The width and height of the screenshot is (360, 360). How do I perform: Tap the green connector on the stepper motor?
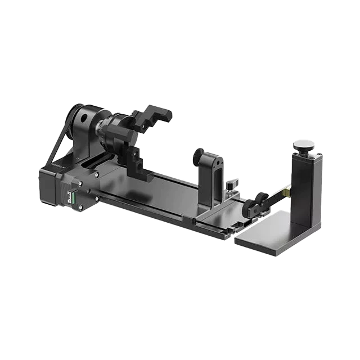[x=71, y=197]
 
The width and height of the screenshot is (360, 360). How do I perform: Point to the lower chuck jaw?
[x=135, y=161]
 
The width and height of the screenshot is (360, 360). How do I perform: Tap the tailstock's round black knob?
[x=199, y=157]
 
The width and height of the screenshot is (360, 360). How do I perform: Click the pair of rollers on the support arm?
[x=254, y=205]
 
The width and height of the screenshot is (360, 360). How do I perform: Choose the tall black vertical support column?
[x=304, y=186]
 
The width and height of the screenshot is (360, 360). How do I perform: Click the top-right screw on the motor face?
[x=96, y=175]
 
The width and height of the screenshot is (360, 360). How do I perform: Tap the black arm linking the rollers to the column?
[x=276, y=197]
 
